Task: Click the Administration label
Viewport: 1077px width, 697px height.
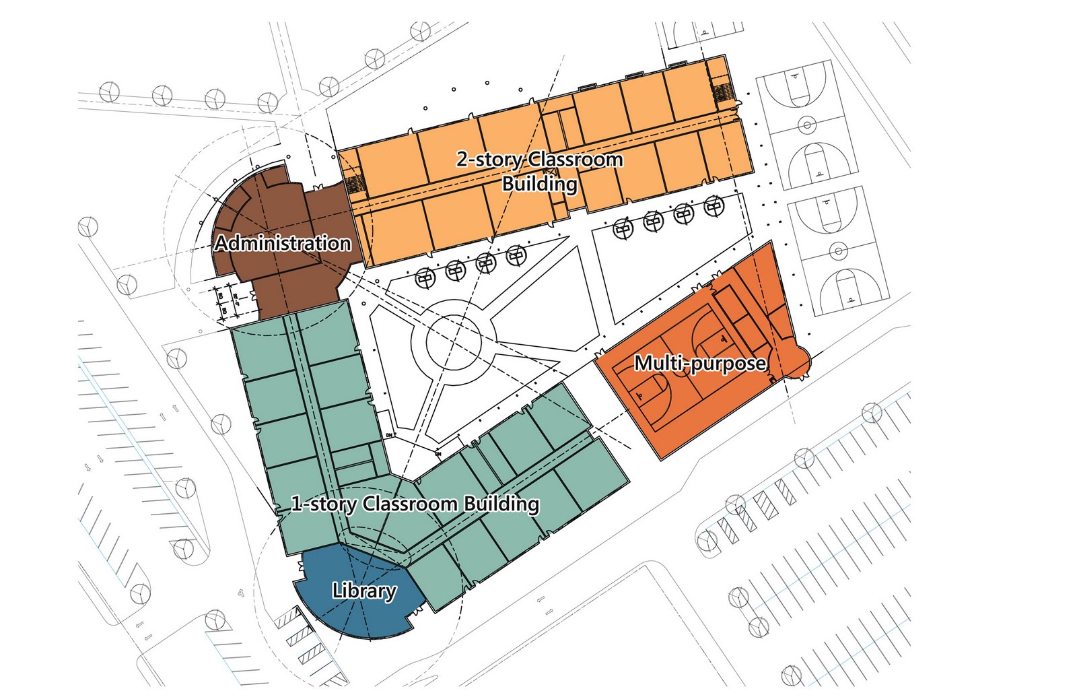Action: (x=283, y=243)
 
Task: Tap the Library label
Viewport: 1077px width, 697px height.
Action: (x=364, y=591)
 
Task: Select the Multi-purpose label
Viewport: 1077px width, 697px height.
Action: (x=700, y=364)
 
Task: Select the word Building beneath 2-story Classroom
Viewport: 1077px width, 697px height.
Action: (x=540, y=183)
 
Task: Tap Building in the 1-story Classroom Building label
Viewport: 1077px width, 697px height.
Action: (x=501, y=504)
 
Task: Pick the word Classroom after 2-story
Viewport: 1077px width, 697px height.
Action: (x=576, y=160)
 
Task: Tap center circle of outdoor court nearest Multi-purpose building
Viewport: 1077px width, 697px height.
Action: (x=838, y=252)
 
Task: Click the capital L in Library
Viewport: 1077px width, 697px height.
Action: (x=337, y=591)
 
